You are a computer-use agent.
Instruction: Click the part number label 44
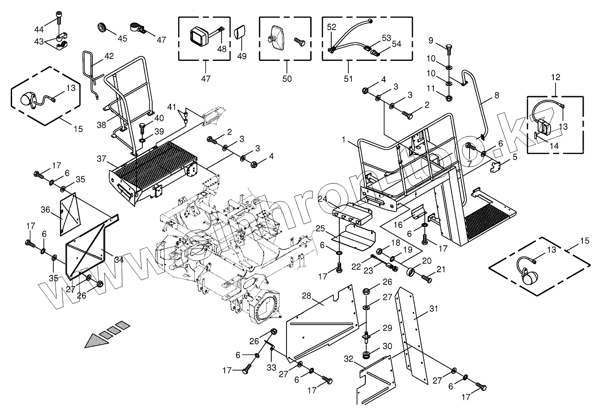pyautogui.click(x=39, y=29)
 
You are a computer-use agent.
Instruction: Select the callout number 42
pyautogui.click(x=109, y=56)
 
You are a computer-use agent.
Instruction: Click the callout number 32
pyautogui.click(x=349, y=359)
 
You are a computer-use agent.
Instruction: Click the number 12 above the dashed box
pyautogui.click(x=555, y=77)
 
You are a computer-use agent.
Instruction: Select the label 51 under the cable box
pyautogui.click(x=348, y=79)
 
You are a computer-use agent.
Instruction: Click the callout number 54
pyautogui.click(x=396, y=43)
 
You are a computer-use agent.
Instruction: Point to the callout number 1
pyautogui.click(x=343, y=140)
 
